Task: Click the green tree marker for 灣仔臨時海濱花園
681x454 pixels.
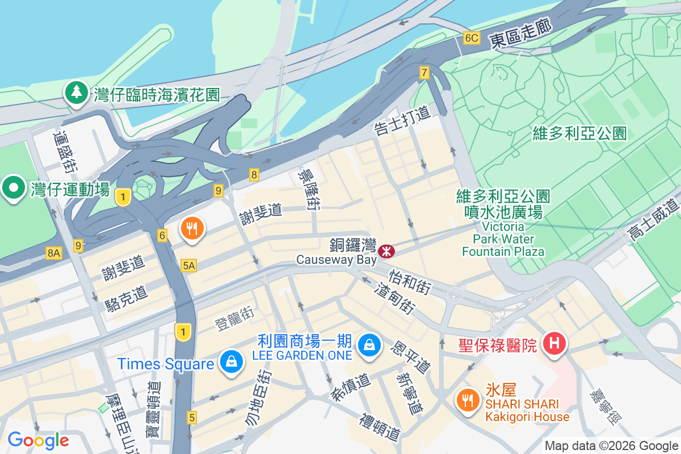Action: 75,93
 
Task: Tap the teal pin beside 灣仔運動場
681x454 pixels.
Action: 13,188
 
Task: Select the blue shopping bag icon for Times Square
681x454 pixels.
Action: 232,361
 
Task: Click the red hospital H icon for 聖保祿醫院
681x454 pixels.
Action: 554,343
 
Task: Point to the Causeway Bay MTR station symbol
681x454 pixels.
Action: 387,250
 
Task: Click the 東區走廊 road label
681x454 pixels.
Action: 520,37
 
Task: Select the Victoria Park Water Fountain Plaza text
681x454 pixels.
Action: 503,238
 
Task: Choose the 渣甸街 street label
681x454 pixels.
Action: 395,299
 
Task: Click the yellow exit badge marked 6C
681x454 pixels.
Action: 472,38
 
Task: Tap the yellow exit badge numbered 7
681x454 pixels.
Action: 424,72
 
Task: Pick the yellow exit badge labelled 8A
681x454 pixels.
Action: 54,253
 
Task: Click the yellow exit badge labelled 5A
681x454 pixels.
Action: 189,265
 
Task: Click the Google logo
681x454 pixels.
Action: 38,440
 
